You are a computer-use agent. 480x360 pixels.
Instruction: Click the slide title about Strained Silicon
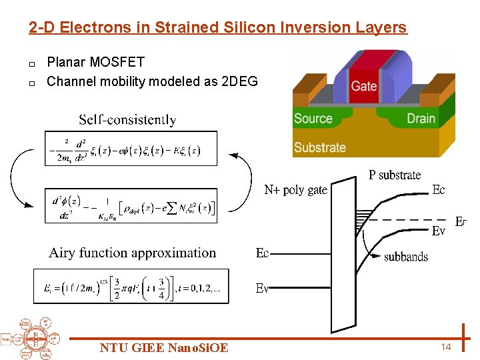(x=217, y=27)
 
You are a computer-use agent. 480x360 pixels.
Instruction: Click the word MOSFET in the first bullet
(x=117, y=63)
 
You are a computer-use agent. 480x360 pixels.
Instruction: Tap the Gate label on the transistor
(x=363, y=85)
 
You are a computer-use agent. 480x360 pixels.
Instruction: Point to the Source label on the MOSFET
(x=313, y=119)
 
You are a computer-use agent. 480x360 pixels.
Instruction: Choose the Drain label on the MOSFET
(x=421, y=119)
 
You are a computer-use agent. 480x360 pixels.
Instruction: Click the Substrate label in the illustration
(x=320, y=147)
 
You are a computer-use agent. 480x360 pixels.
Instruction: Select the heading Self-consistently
(x=127, y=120)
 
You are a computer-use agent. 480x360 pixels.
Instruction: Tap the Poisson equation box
(x=131, y=205)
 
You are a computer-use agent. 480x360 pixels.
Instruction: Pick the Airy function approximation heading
(x=133, y=253)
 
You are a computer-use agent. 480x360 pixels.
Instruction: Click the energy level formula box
(x=131, y=286)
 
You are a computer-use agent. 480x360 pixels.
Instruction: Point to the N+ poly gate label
(x=295, y=190)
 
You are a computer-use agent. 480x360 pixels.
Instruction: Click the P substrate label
(x=395, y=175)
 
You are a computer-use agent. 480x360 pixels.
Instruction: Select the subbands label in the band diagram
(x=406, y=257)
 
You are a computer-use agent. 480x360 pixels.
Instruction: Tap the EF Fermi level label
(x=460, y=221)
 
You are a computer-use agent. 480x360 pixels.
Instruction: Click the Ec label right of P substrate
(x=438, y=190)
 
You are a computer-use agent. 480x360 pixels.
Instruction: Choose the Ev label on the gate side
(x=263, y=288)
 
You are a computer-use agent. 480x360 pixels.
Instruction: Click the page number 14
(x=446, y=347)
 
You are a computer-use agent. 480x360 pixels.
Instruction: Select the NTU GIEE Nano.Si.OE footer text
(x=163, y=347)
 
